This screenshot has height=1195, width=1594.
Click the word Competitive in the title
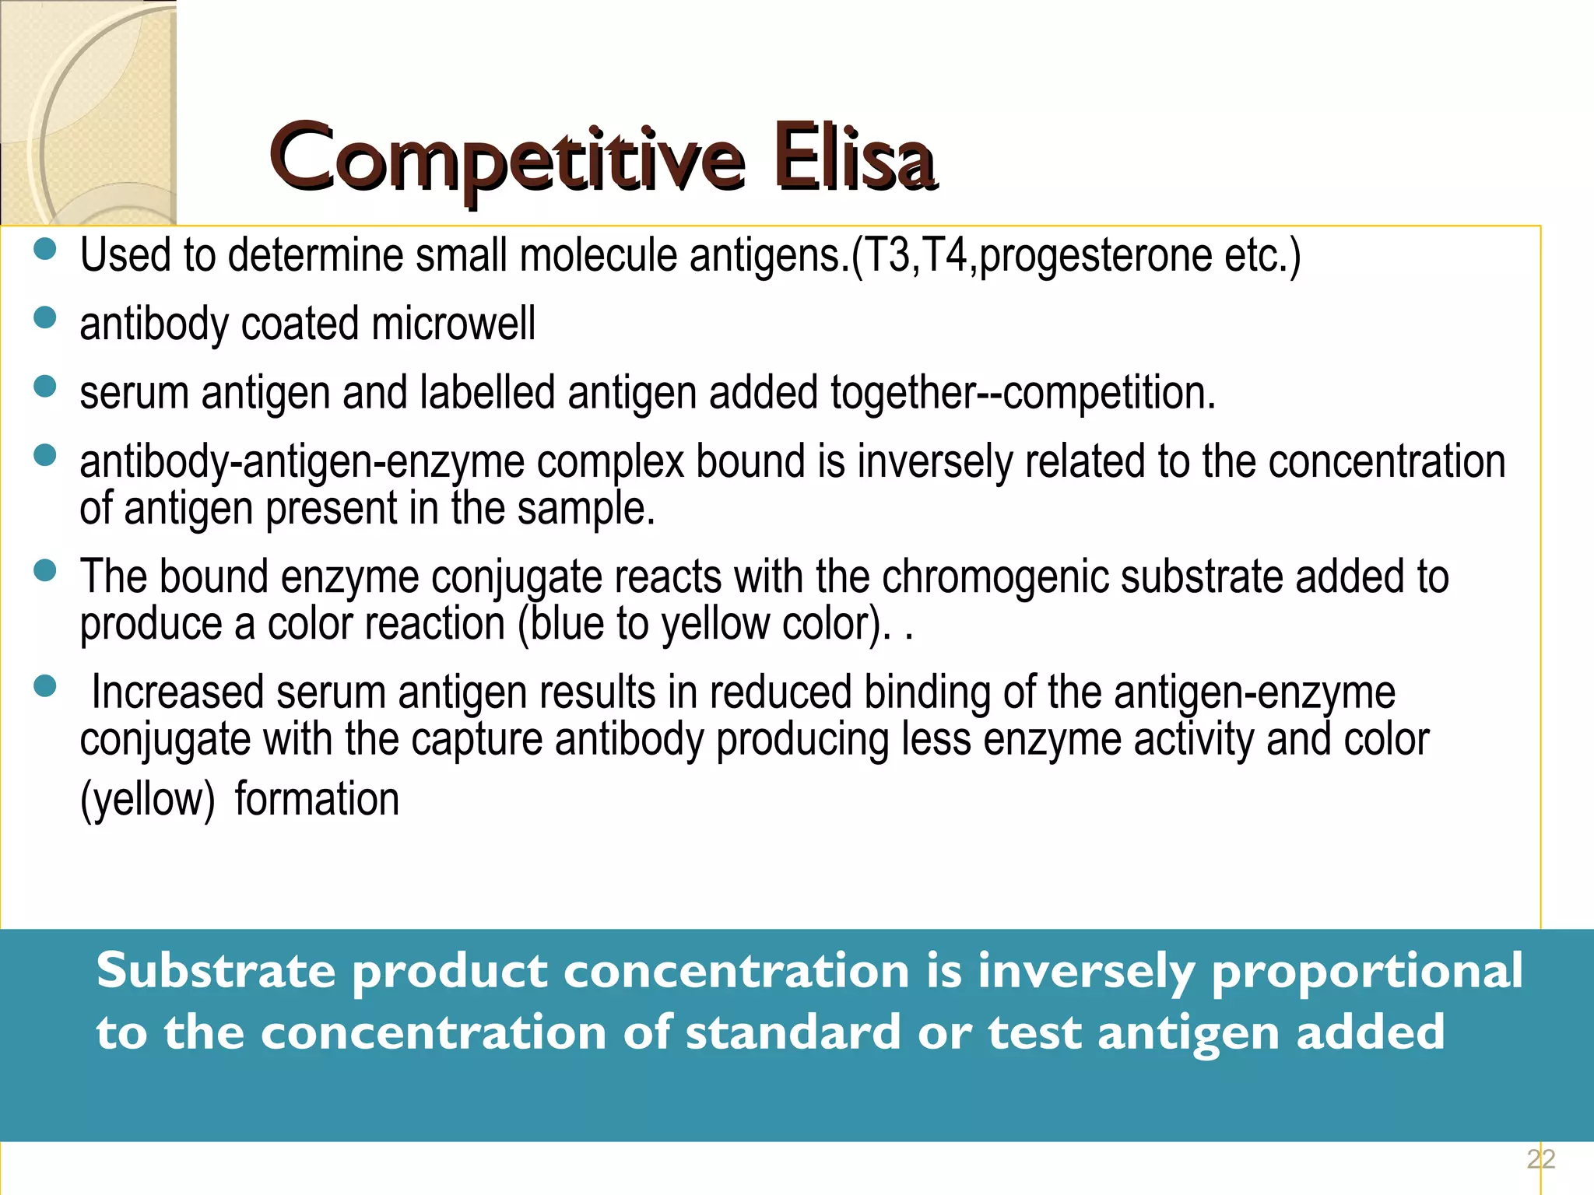click(x=506, y=159)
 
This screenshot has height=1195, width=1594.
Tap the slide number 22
click(x=1540, y=1159)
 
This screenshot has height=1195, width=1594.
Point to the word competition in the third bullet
click(x=1108, y=393)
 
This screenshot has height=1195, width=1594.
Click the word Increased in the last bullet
click(x=177, y=692)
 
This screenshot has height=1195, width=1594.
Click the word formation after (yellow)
click(x=317, y=800)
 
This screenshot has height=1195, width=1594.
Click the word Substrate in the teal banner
click(x=216, y=972)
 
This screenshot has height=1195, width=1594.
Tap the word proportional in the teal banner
click(x=1366, y=972)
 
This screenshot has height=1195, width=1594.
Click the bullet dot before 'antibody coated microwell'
click(x=46, y=318)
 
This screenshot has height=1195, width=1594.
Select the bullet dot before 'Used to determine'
click(x=46, y=249)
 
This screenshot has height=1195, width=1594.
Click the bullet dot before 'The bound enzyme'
click(x=46, y=571)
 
